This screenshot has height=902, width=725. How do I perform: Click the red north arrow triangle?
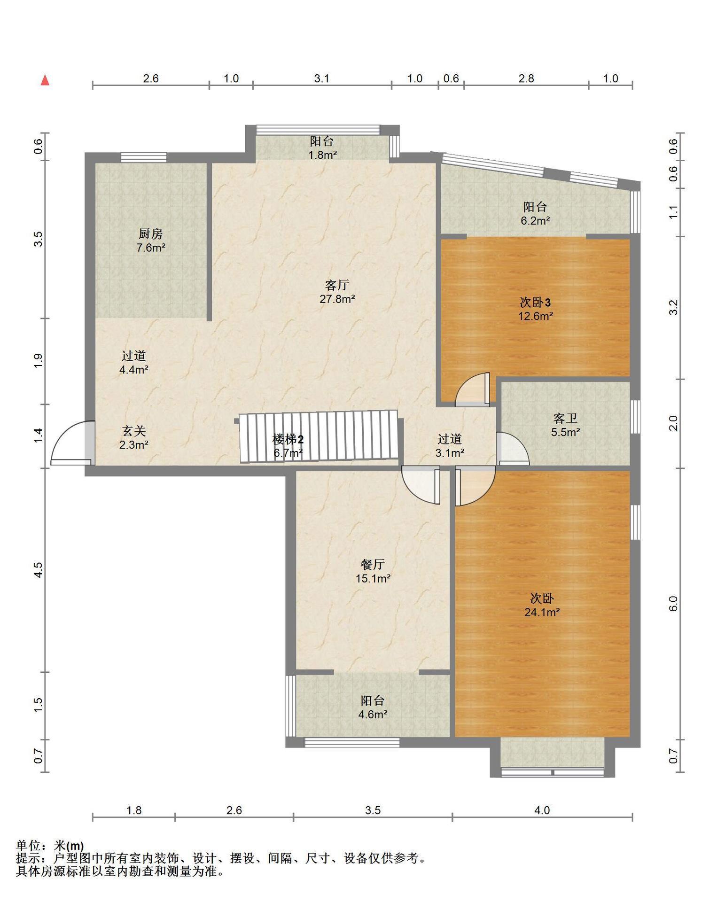pos(45,80)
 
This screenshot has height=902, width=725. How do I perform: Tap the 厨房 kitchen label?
pos(150,233)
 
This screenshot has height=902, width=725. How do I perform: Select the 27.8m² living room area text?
pos(337,299)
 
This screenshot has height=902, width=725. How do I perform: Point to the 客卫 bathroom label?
pos(565,418)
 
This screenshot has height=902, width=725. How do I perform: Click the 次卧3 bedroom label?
pos(535,302)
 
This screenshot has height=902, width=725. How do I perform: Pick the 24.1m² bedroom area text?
pos(542,612)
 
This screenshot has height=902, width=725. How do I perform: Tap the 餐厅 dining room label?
pos(373,564)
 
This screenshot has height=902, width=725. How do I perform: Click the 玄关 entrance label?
pos(134,430)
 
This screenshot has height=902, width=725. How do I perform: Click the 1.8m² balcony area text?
pos(322,155)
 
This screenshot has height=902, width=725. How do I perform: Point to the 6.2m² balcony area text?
pos(535,220)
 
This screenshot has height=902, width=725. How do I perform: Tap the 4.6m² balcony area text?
pos(373,715)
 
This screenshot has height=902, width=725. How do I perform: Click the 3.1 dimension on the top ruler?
pos(322,78)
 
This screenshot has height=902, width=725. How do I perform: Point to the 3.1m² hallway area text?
pos(450,453)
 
